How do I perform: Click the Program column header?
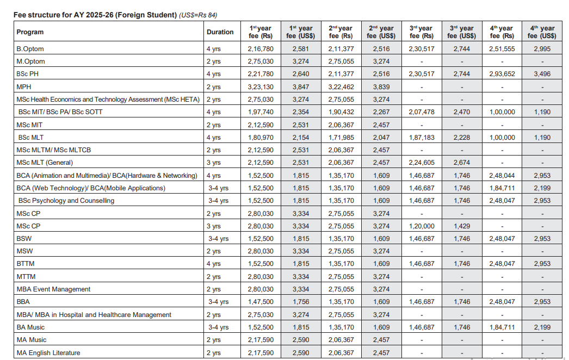coord(30,32)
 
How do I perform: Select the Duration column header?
coord(220,32)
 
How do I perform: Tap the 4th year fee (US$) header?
coord(541,32)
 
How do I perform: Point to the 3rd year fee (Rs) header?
coord(421,32)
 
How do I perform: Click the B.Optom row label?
coord(30,49)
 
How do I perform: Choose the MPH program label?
coord(24,87)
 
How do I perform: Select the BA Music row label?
coord(30,327)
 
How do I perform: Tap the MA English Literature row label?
coord(48,353)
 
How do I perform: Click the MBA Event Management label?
coord(53,289)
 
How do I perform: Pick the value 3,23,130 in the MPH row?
coord(261,87)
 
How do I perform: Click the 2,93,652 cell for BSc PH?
coord(502,74)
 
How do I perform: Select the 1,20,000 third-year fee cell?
coord(421,226)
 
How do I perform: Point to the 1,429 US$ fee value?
coord(461,226)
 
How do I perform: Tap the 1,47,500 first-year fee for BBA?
coord(261,302)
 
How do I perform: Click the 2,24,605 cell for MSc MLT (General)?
coord(421,163)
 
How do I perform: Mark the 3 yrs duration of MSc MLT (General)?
coord(213,163)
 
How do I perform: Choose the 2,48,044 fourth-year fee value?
coord(502,176)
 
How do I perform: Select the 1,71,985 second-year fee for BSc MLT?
coord(341,138)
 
